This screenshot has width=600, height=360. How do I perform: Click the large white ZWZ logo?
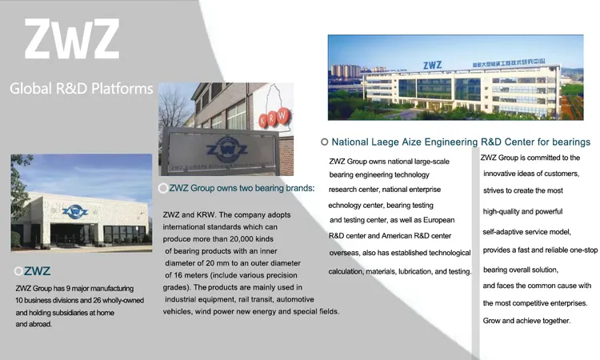tap(72, 39)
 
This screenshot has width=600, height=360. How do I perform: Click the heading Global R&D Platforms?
tap(81, 89)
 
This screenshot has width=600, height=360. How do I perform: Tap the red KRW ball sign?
tap(274, 118)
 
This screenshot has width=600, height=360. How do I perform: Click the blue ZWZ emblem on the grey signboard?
tap(226, 150)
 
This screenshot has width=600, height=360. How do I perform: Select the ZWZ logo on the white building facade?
tap(75, 211)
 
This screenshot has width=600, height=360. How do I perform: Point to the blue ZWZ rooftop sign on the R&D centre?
tap(432, 65)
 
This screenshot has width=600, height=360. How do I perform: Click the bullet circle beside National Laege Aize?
tap(324, 142)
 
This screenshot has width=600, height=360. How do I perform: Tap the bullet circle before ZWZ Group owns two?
tap(163, 188)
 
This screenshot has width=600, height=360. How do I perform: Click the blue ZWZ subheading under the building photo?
tap(37, 271)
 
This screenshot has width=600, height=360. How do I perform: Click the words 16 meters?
tap(191, 275)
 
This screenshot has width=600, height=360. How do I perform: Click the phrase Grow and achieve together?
tap(526, 321)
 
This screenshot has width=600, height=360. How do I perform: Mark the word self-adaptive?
tap(500, 232)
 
